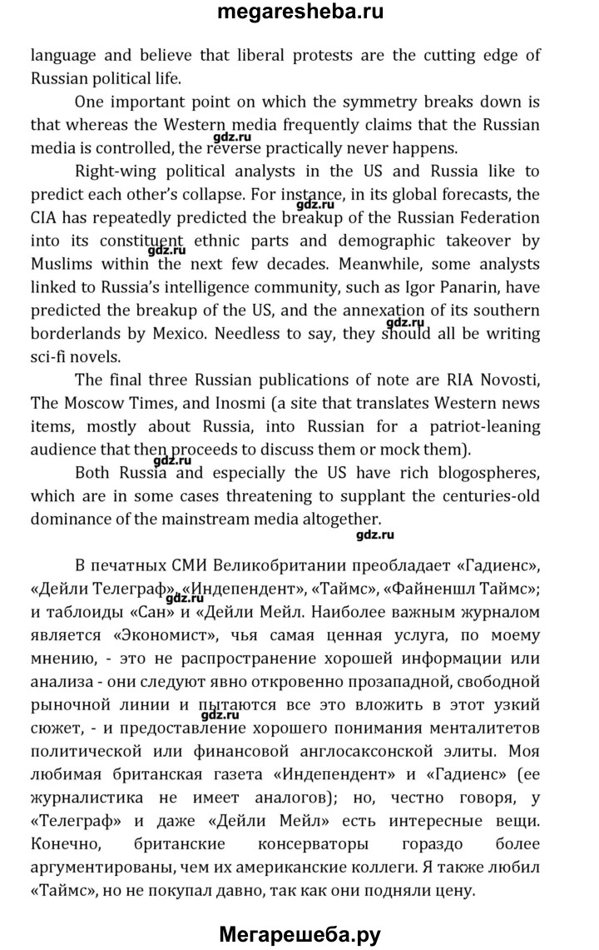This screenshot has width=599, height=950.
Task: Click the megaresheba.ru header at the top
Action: point(299,13)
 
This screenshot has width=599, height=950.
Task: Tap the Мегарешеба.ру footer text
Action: point(299,933)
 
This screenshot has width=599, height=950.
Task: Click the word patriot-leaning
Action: point(478,427)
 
